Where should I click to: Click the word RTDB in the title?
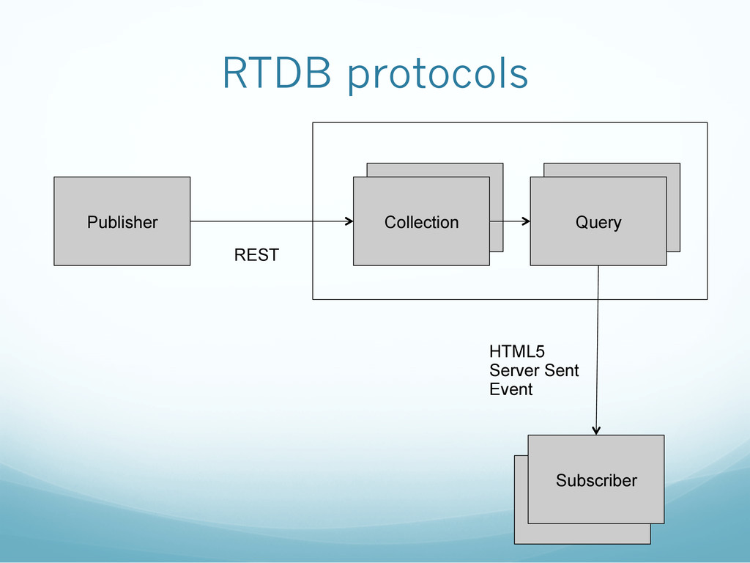[x=277, y=73]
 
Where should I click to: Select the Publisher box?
[x=122, y=221]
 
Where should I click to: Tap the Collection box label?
[x=421, y=222]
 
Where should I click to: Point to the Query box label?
[x=598, y=223]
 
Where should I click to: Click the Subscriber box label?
[x=596, y=480]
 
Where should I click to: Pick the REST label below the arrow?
[x=256, y=254]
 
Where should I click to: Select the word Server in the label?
[x=513, y=370]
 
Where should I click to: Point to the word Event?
[x=510, y=389]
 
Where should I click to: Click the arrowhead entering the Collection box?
[x=349, y=221]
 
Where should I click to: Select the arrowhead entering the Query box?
[x=526, y=221]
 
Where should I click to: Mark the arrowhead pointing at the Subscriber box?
[x=596, y=430]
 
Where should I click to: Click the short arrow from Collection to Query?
[x=510, y=221]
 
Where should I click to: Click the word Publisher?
[x=122, y=222]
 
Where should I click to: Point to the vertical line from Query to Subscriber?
[x=598, y=350]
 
